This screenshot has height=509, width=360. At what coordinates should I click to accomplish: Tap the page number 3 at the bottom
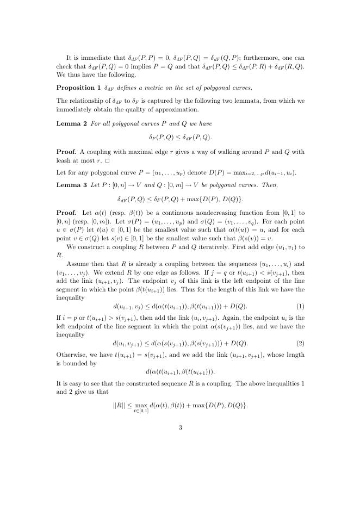point(180,427)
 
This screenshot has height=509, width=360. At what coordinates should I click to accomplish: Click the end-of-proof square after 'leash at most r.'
point(108,162)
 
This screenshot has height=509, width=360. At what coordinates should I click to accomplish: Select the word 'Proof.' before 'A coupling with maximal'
point(67,150)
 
